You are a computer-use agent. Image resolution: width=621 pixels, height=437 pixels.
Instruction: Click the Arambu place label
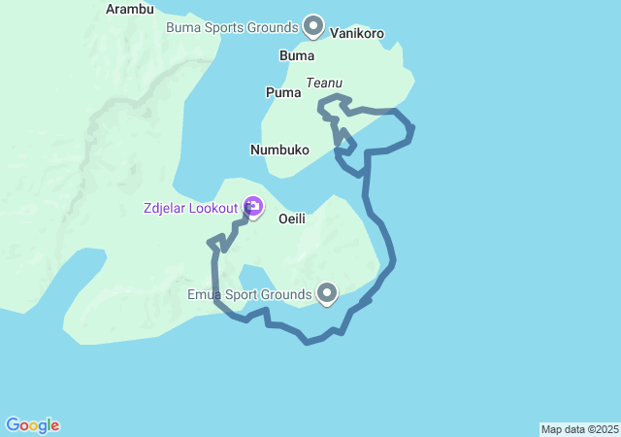129,9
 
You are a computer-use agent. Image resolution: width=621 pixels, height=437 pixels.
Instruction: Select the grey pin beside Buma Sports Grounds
313,25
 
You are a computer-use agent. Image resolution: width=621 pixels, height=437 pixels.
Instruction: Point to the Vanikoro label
357,33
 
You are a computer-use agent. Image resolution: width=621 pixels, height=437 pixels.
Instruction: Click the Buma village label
297,55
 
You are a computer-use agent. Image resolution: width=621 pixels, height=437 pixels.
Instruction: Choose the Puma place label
283,92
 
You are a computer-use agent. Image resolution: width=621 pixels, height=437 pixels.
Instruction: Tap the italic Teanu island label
323,84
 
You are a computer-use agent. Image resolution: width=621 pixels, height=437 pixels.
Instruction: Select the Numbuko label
279,151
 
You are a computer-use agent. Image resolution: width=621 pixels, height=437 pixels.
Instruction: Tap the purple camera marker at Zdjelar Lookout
253,206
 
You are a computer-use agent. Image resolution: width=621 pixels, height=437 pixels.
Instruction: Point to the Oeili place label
292,218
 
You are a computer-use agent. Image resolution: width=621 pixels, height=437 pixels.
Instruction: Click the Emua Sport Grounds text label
250,294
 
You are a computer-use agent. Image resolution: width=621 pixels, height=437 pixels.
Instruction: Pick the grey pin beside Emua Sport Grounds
327,292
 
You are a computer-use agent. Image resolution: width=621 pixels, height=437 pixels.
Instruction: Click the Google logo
32,425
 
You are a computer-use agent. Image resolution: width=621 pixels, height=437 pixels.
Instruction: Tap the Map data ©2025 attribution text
579,429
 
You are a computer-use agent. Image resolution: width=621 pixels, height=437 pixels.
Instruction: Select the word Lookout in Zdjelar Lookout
212,208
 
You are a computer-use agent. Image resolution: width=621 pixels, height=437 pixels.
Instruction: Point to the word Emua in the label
207,294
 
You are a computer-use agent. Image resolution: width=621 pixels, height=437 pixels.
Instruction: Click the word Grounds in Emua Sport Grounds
287,294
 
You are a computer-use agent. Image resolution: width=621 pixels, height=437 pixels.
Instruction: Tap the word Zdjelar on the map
163,208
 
